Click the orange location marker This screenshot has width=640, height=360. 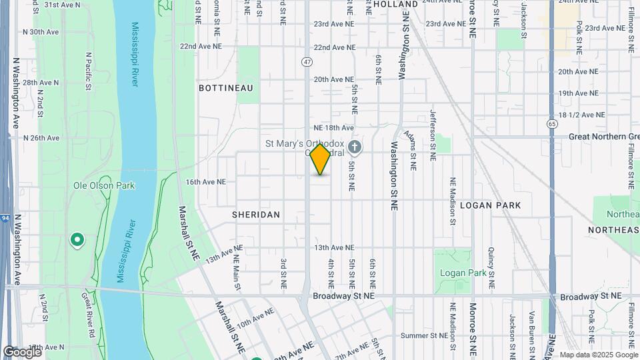[x=321, y=159]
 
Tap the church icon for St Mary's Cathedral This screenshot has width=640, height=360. [x=355, y=146]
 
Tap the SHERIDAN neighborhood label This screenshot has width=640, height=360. [x=256, y=215]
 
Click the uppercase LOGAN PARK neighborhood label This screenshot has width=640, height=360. [x=490, y=205]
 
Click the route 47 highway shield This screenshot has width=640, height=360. [x=307, y=62]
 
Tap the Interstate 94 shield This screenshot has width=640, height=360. [x=5, y=217]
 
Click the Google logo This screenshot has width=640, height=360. [x=21, y=351]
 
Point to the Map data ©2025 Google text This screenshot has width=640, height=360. [x=599, y=355]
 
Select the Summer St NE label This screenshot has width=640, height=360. [x=424, y=335]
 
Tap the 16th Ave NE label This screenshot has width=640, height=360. [x=205, y=181]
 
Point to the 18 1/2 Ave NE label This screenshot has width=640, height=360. [x=581, y=115]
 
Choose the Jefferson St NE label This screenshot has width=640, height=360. [x=433, y=135]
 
